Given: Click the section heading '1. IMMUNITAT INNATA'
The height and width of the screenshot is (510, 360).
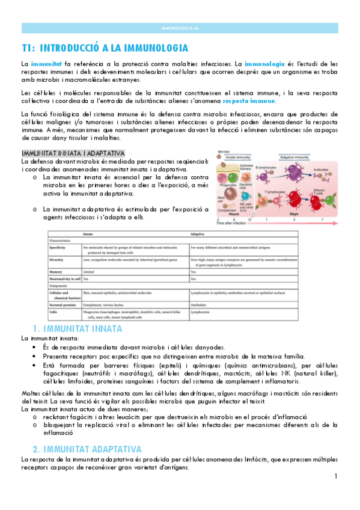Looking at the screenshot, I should [78, 329].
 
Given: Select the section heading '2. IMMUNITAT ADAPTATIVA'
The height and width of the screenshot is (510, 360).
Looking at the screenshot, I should [87, 449].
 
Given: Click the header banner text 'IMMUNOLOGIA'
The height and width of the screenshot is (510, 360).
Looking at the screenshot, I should [180, 28].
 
